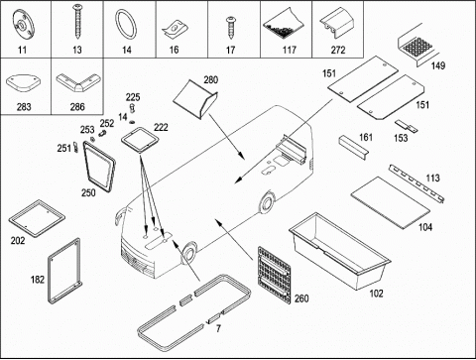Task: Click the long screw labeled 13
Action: tap(77, 21)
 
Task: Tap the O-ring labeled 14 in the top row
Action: tap(126, 25)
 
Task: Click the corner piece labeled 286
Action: tap(78, 82)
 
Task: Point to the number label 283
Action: tap(24, 107)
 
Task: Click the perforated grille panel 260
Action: tap(274, 275)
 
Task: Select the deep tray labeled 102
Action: tap(339, 251)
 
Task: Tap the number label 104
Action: tap(425, 227)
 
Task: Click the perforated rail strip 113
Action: tap(416, 182)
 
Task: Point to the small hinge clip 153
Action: tap(407, 126)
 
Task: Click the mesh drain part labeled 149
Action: tap(417, 46)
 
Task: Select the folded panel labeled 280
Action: tap(195, 99)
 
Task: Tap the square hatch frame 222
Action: tap(140, 140)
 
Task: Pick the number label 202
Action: tap(18, 240)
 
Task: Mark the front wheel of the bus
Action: tap(188, 253)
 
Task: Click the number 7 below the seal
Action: tap(218, 328)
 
